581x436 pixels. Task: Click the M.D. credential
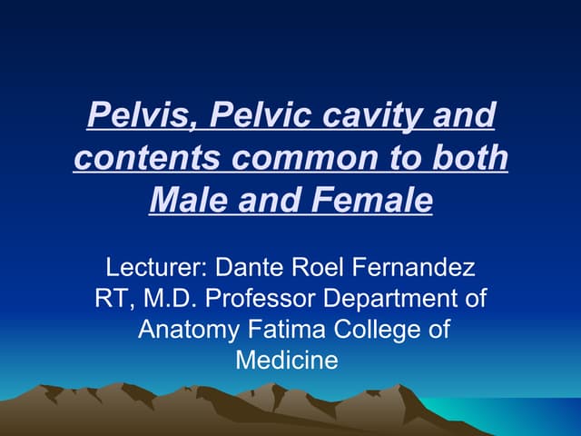[168, 299]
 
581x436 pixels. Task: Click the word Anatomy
[182, 330]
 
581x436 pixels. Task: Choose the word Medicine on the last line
[287, 360]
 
